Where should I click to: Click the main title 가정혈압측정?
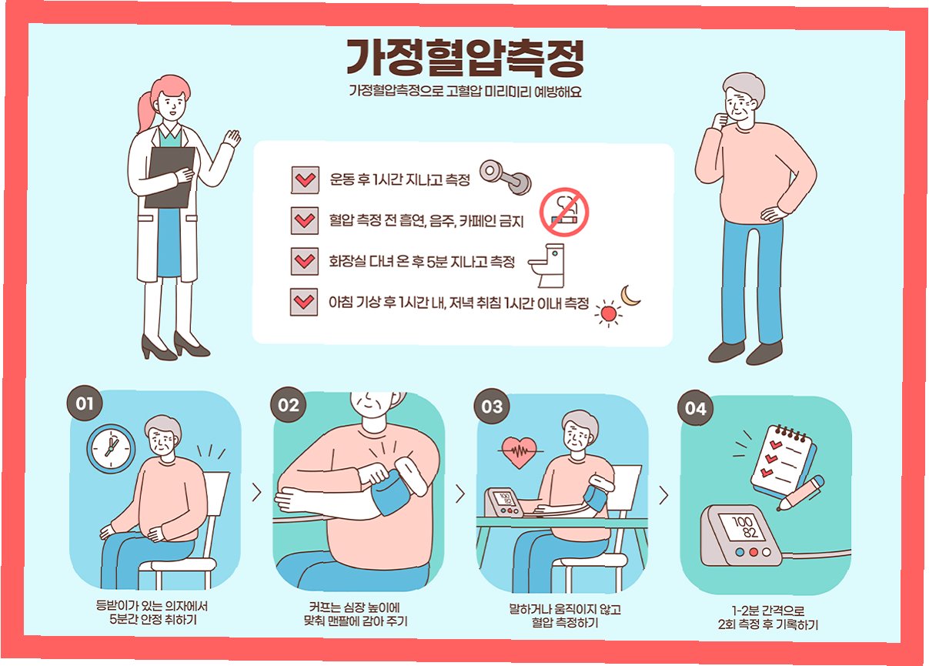click(465, 58)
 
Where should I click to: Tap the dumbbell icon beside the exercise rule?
click(506, 177)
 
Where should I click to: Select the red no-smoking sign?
click(564, 212)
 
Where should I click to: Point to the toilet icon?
click(546, 266)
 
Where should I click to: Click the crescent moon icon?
click(629, 296)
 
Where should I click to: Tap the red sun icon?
click(608, 313)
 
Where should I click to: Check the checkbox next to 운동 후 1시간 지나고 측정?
click(306, 180)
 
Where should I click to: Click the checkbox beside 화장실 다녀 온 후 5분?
click(305, 262)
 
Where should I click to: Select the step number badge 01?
click(85, 403)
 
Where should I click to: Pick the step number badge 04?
click(696, 408)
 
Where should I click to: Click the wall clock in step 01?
click(111, 449)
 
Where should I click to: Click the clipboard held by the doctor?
click(169, 178)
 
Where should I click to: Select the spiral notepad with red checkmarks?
click(783, 460)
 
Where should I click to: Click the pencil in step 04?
click(800, 493)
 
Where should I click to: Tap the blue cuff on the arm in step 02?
click(391, 493)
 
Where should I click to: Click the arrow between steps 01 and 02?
click(257, 493)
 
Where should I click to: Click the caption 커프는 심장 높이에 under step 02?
click(354, 608)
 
